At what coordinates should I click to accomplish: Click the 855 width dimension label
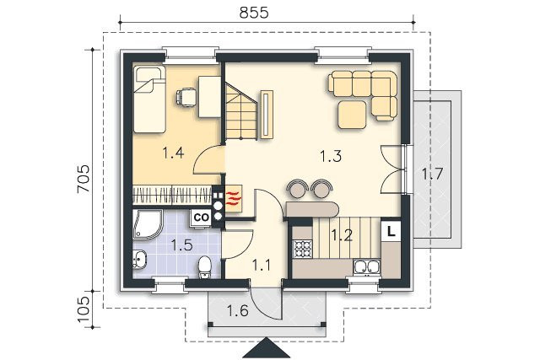point(254,13)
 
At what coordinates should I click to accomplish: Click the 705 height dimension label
point(84,179)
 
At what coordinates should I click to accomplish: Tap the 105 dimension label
point(84,309)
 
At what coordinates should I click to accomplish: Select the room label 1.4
point(173,153)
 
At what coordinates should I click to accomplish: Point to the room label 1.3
point(331,156)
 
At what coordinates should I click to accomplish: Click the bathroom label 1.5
point(182,245)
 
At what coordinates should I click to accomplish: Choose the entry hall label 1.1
point(262,266)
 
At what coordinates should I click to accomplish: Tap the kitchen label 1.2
point(342,235)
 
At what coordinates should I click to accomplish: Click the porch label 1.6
point(238,311)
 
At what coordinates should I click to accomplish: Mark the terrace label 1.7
point(433,175)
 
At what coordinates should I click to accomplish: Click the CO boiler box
point(202,218)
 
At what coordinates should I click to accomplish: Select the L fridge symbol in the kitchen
point(391,231)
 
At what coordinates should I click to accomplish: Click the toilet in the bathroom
point(205,267)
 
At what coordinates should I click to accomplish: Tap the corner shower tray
point(146,223)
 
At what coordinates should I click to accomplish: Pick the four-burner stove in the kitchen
point(302,249)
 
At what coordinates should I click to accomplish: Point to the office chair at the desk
point(186,96)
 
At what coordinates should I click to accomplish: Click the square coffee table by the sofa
point(352,115)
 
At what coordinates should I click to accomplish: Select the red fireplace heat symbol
point(233,199)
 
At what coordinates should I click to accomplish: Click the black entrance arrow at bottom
point(267,349)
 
